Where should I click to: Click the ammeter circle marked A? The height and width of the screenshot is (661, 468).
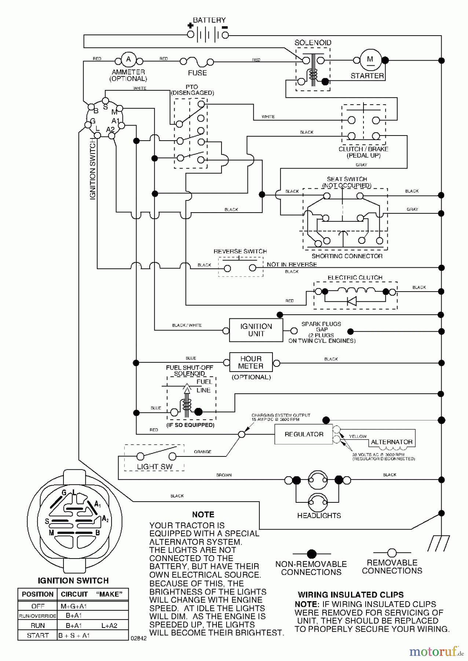click(x=128, y=60)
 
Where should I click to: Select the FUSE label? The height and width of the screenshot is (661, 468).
click(x=197, y=73)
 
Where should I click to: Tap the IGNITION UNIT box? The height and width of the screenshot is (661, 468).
click(x=256, y=330)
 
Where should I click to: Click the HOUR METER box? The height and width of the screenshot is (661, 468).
click(x=251, y=362)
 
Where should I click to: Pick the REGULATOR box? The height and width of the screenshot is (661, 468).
click(x=304, y=434)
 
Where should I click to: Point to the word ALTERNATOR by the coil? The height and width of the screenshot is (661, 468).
click(x=391, y=442)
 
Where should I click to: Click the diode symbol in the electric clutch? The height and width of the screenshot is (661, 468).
click(x=351, y=301)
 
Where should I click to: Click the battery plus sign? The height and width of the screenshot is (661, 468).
click(x=190, y=26)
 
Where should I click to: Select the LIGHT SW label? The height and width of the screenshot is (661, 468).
click(x=154, y=467)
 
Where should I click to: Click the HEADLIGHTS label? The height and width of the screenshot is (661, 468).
click(x=319, y=516)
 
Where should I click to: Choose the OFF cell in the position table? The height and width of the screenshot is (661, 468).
click(x=38, y=606)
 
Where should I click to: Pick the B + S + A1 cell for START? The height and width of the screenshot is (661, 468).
click(x=74, y=635)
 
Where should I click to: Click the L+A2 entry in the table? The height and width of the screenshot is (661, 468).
click(x=109, y=625)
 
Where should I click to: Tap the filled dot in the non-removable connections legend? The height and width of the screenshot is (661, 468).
click(x=311, y=553)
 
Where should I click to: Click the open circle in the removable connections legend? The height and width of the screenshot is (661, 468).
click(x=392, y=553)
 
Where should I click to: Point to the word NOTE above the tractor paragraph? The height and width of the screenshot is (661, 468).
click(x=203, y=514)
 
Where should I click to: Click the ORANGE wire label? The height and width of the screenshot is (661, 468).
click(x=202, y=452)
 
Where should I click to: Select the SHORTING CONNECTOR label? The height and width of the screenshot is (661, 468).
click(x=347, y=256)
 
